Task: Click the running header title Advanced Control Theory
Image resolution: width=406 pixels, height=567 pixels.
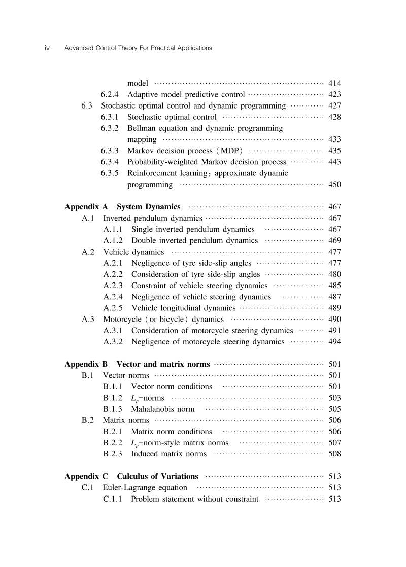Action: pyautogui.click(x=138, y=48)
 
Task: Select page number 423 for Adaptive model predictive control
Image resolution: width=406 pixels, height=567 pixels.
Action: pyautogui.click(x=334, y=94)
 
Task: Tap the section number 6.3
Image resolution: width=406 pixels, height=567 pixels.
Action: pyautogui.click(x=87, y=106)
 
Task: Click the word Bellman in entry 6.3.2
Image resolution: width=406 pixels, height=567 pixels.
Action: pyautogui.click(x=142, y=128)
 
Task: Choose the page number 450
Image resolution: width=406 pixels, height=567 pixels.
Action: pyautogui.click(x=334, y=185)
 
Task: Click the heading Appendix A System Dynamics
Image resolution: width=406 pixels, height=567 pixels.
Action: pyautogui.click(x=122, y=207)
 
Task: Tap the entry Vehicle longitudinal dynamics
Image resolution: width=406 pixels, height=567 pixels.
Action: pyautogui.click(x=183, y=308)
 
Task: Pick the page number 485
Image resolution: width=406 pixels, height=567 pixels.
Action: pyautogui.click(x=334, y=286)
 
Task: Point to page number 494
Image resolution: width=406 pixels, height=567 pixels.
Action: pyautogui.click(x=334, y=342)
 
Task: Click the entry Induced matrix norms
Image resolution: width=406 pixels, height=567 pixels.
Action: pyautogui.click(x=168, y=454)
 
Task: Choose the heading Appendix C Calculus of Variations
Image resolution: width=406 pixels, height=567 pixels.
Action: pyautogui.click(x=131, y=477)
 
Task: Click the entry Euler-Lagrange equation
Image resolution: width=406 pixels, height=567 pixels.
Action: pyautogui.click(x=145, y=488)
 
